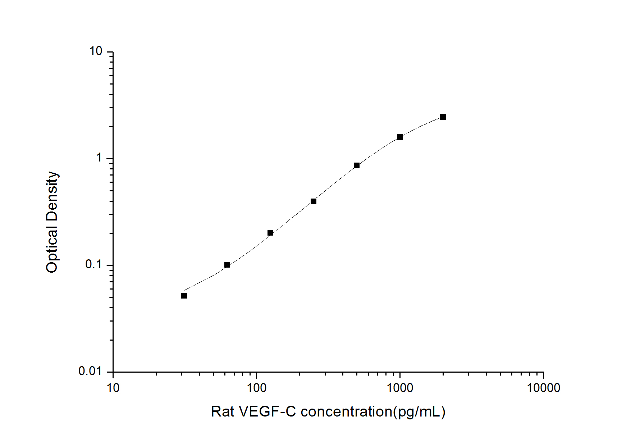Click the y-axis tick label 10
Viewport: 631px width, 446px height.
96,51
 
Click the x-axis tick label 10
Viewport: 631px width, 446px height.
113,388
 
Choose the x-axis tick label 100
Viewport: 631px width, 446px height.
256,388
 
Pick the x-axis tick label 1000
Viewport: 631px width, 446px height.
399,388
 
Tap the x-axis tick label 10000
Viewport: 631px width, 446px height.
543,388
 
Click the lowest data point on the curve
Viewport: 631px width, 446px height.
184,296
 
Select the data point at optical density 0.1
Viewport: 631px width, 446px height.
227,265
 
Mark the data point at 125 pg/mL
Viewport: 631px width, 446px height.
270,233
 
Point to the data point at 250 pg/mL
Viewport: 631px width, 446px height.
314,201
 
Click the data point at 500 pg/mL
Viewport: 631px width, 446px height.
357,165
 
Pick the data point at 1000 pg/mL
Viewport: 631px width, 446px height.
400,137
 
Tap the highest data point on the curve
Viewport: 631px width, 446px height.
443,117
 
